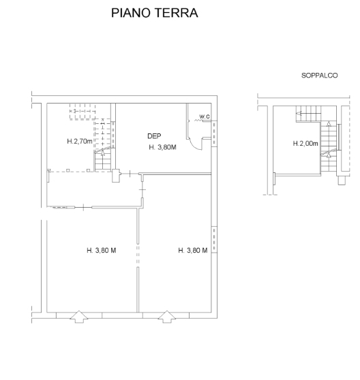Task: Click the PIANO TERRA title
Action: [x=155, y=13]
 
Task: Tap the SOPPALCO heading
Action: [x=319, y=76]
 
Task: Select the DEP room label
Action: [x=154, y=136]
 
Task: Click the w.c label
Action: [x=205, y=116]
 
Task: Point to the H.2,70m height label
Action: [x=80, y=141]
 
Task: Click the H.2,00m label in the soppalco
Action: [x=305, y=144]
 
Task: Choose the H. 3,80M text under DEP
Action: [x=162, y=147]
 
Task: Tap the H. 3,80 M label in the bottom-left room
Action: [x=102, y=251]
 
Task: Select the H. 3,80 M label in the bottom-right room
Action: [x=193, y=251]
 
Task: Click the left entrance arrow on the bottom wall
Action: [x=79, y=317]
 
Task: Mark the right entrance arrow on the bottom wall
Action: [x=167, y=317]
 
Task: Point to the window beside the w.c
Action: [x=214, y=133]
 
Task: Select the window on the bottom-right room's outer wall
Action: [x=214, y=240]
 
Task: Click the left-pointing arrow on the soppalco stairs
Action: [x=299, y=113]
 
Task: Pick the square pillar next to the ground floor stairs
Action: [x=116, y=176]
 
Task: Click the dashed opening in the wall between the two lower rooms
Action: [x=138, y=255]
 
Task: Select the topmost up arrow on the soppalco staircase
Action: [x=329, y=124]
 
